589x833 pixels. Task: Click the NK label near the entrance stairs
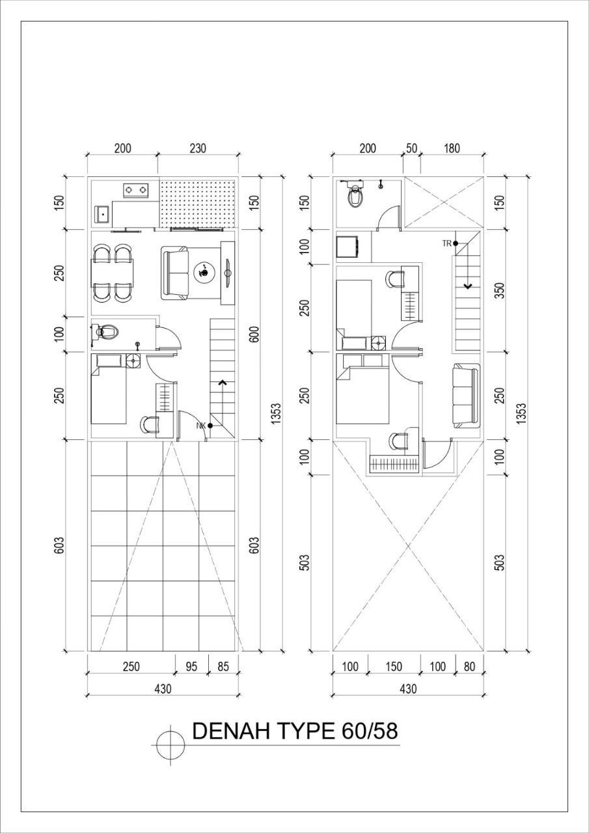[201, 426]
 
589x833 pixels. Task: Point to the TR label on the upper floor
[446, 243]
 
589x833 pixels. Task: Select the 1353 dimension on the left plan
[275, 414]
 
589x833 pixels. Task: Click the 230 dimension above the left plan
[198, 148]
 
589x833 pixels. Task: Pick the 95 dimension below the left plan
[191, 666]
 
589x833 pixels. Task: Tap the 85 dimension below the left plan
[223, 666]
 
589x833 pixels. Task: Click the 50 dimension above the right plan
[411, 148]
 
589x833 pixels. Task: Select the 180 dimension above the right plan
[452, 148]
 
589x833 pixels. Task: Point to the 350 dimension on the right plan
[500, 290]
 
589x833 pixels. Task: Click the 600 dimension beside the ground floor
[254, 335]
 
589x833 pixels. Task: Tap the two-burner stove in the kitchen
[136, 189]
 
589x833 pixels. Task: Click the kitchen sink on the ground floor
[102, 214]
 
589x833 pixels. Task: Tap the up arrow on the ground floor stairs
[223, 382]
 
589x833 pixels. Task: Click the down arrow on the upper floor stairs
[467, 286]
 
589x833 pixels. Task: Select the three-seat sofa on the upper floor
[466, 396]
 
